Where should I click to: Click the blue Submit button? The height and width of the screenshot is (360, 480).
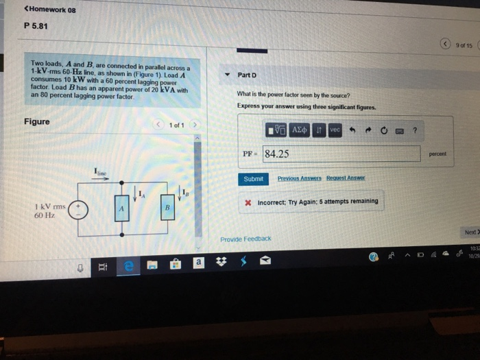(x=253, y=179)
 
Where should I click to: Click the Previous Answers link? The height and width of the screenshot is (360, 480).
(x=299, y=179)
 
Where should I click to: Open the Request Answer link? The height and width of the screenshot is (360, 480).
(x=346, y=179)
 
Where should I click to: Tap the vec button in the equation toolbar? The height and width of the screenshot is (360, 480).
(x=335, y=130)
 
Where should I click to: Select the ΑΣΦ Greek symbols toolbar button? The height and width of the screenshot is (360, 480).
(x=300, y=130)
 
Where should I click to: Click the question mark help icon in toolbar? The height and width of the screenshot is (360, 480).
(x=414, y=130)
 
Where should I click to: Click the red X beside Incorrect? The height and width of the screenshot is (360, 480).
(x=249, y=202)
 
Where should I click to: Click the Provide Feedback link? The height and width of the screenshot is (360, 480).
(x=245, y=239)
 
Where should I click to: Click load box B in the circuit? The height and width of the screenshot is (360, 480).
(x=167, y=208)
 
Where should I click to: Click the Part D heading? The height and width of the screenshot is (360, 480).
(x=246, y=75)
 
